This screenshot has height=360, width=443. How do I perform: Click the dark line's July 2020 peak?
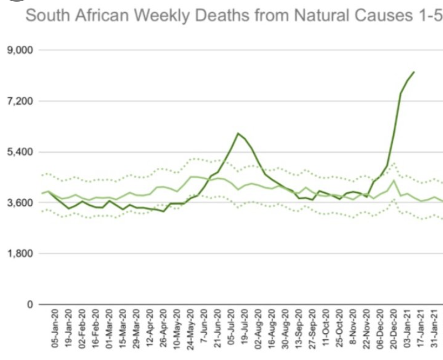click(x=237, y=133)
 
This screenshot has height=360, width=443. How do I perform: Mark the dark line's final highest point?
click(x=414, y=72)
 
